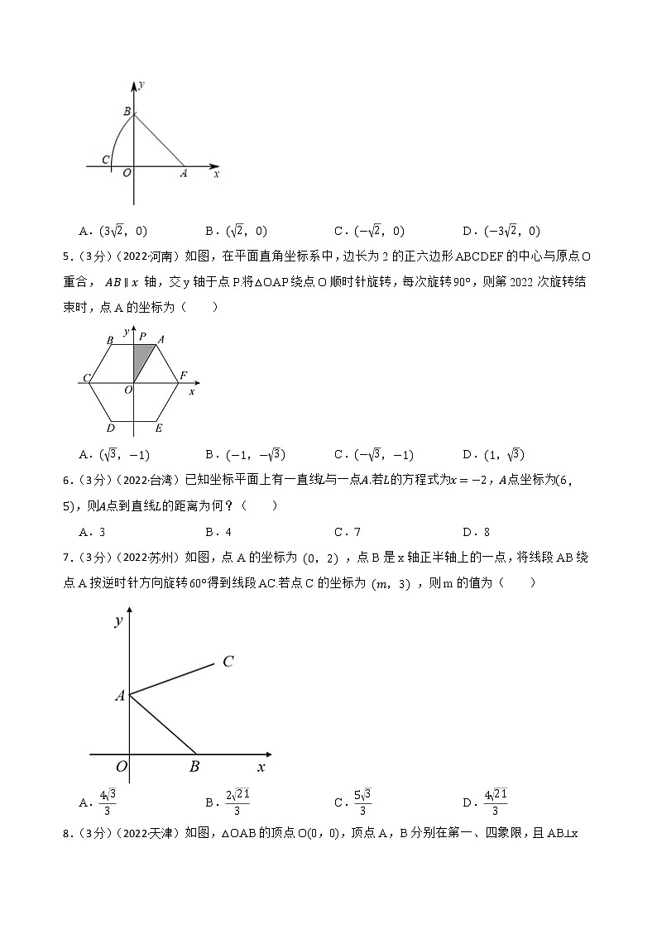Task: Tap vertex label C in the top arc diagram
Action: coord(105,160)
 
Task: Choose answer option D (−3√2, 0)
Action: coord(501,232)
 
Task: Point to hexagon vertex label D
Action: coord(110,428)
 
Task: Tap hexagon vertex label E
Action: coord(159,428)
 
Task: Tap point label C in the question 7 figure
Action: coord(228,661)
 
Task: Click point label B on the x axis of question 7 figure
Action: coord(194,767)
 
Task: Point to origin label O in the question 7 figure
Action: coord(121,767)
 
